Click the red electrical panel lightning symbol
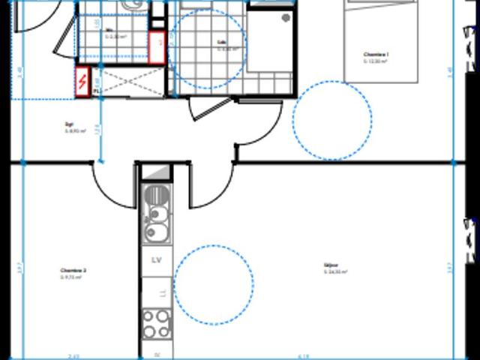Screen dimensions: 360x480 (82, 81)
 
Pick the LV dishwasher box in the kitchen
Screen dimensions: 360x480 (157, 260)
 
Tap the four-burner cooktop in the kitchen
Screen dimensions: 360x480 (157, 323)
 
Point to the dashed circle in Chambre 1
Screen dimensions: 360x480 (331, 120)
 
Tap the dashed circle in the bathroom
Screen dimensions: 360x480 (206, 49)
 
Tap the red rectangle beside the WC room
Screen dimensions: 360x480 (156, 48)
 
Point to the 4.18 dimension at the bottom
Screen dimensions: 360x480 (304, 355)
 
